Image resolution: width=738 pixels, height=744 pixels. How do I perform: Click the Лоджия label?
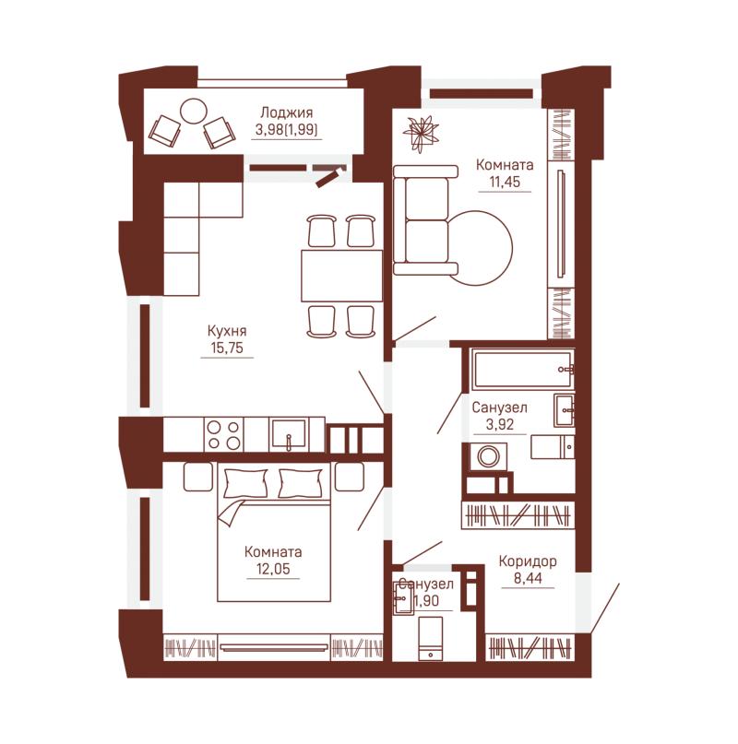[286, 112]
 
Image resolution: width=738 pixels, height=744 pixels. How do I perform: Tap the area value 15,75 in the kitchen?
[227, 348]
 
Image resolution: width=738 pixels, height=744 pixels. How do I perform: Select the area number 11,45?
[505, 182]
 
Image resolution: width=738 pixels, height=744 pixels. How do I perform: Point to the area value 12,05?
[273, 569]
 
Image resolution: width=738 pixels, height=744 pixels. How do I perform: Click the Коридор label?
[528, 561]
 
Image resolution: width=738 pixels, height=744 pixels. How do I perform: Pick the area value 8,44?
[528, 578]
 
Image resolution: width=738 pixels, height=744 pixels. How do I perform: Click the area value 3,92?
[500, 424]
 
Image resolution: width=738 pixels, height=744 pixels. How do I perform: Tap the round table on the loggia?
[194, 111]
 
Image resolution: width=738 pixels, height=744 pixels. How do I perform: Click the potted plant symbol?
[421, 134]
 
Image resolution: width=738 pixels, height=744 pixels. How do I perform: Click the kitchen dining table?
[341, 276]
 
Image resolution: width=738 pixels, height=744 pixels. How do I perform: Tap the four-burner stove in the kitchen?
[223, 434]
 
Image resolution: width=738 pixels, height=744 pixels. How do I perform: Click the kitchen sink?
[288, 434]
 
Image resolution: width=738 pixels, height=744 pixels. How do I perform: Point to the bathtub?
[522, 370]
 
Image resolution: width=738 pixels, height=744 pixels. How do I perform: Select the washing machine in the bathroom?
[488, 457]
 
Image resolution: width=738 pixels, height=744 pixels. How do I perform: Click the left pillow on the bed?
[245, 482]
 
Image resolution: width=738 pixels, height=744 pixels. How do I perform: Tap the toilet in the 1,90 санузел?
[430, 638]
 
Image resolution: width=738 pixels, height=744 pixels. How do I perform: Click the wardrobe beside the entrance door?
[530, 648]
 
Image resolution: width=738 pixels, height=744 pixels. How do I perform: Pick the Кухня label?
[227, 331]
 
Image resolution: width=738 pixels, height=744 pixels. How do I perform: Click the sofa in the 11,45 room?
[425, 220]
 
